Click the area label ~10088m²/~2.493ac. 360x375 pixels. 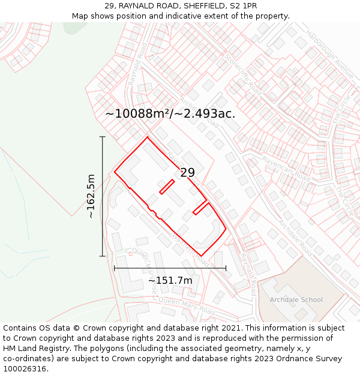(x=170, y=113)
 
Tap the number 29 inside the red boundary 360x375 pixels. (x=187, y=173)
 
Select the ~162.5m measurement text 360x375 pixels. (x=91, y=196)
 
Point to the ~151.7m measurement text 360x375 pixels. (x=170, y=280)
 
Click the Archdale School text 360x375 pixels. (x=296, y=299)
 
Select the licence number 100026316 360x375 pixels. (x=25, y=368)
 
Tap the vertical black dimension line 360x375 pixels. (x=103, y=196)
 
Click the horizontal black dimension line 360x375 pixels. (x=170, y=268)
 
